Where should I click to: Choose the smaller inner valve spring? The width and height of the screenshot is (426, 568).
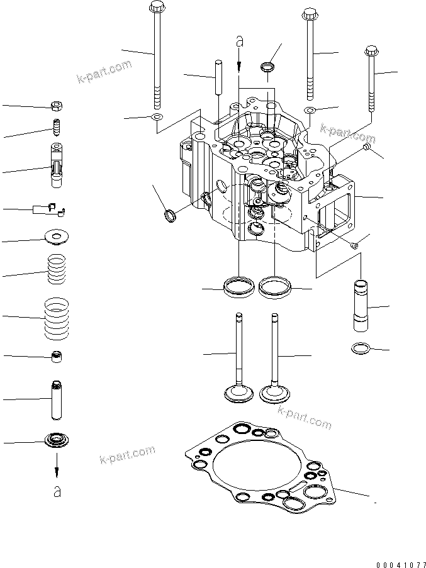[57, 269]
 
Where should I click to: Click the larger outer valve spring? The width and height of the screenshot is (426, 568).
[57, 317]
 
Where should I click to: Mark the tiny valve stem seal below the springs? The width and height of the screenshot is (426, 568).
[57, 357]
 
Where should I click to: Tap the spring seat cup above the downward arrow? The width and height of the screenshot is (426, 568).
[57, 440]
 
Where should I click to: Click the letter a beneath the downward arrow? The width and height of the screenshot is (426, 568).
[57, 491]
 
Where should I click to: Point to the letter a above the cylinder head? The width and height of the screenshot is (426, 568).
[239, 42]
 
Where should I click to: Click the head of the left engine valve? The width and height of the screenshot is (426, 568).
[238, 394]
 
